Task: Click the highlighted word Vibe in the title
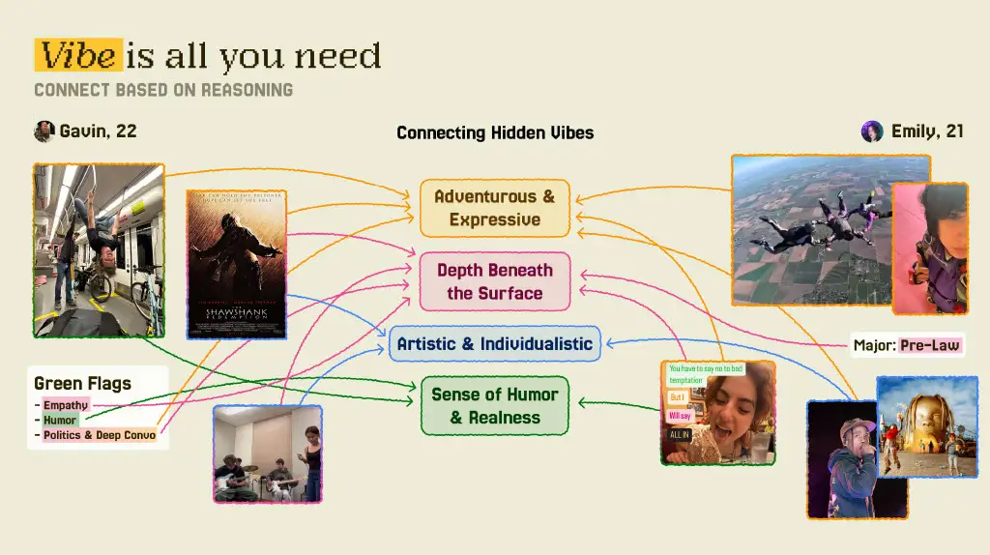[x=78, y=56]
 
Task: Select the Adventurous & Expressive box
[x=494, y=208]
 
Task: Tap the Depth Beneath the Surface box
[x=494, y=281]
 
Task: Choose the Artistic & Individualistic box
[x=494, y=344]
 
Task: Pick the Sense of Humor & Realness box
[x=494, y=406]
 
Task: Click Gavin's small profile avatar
[x=44, y=131]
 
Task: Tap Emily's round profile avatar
[x=872, y=131]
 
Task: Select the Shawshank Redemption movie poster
[x=237, y=264]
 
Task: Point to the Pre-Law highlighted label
[x=930, y=345]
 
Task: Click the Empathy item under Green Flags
[x=66, y=405]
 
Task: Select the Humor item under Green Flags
[x=59, y=421]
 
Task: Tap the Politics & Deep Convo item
[x=99, y=435]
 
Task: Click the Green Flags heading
[x=82, y=384]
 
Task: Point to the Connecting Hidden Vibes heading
[x=495, y=132]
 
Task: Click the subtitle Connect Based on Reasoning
[x=162, y=90]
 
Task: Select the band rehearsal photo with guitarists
[x=267, y=453]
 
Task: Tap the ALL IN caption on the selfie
[x=680, y=435]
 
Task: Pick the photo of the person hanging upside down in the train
[x=99, y=249]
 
